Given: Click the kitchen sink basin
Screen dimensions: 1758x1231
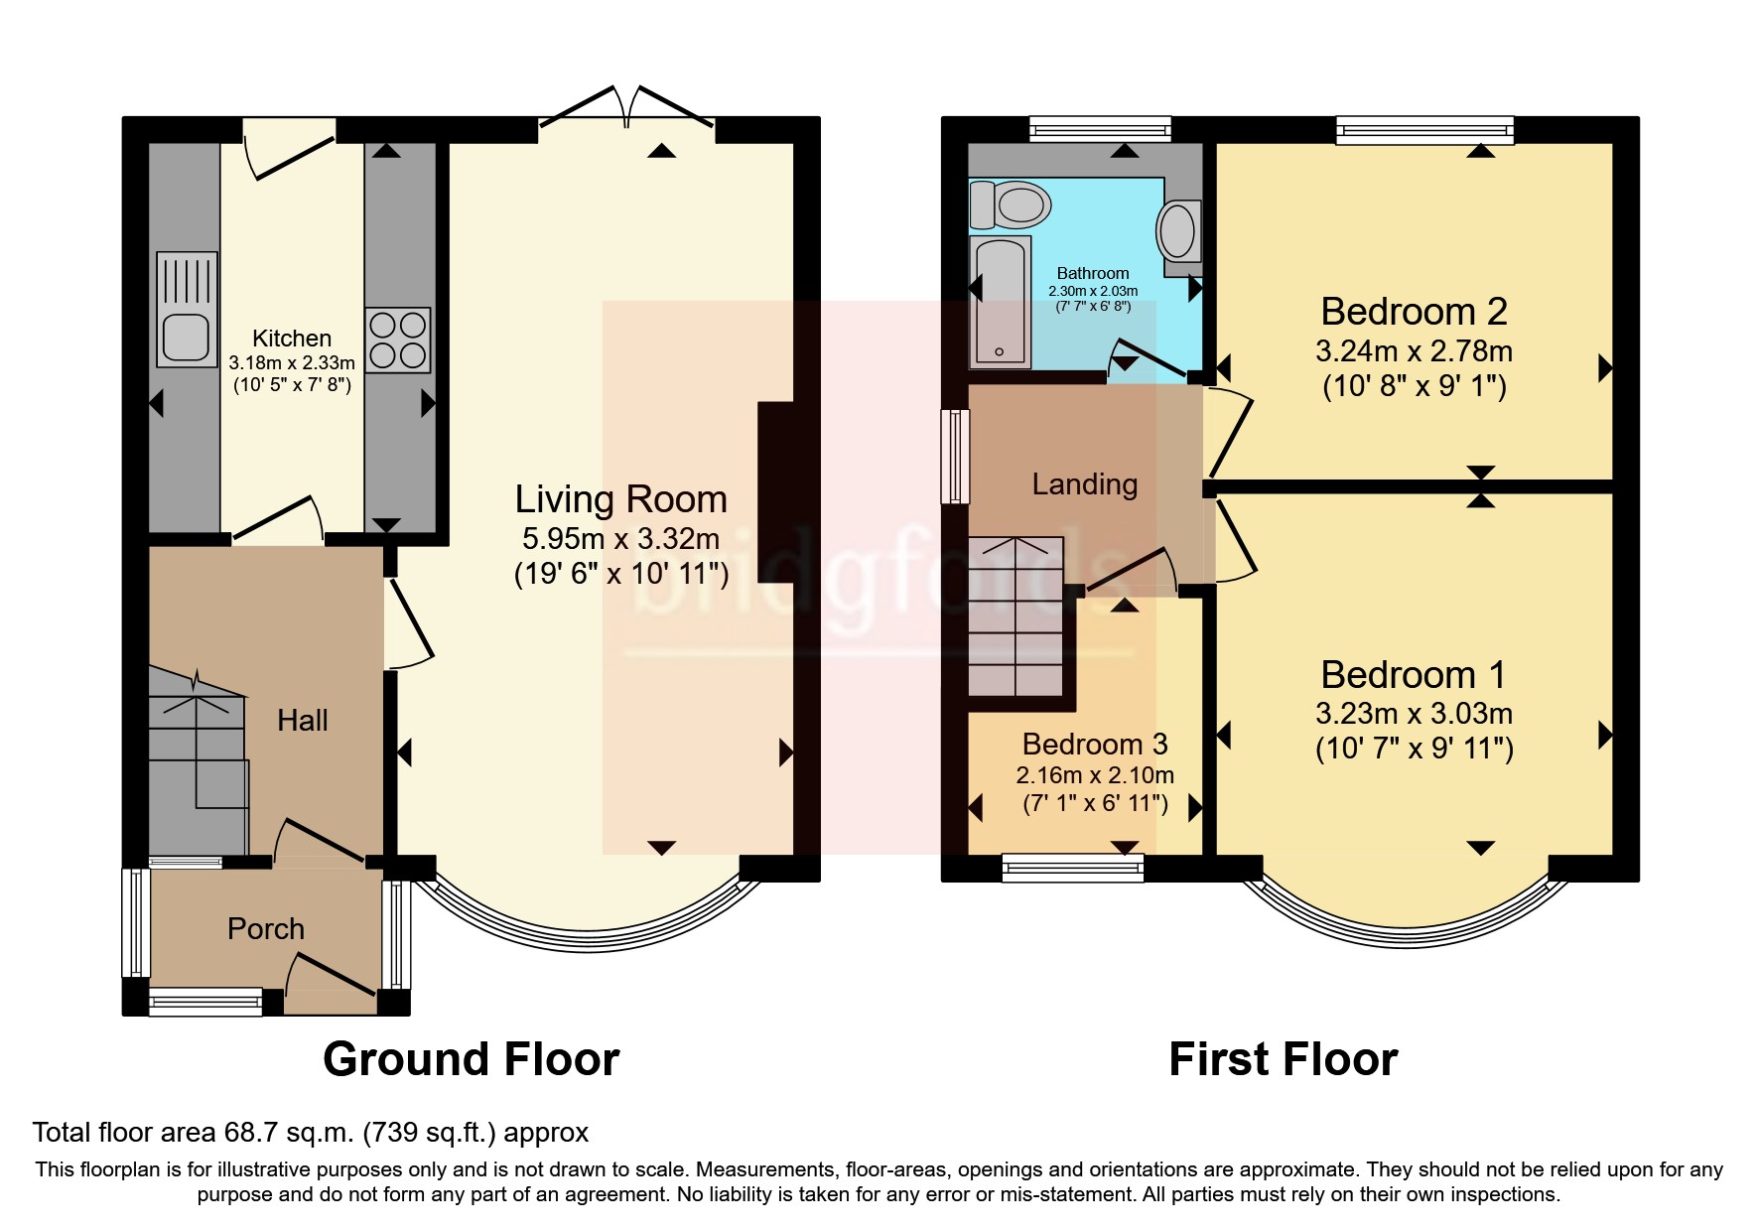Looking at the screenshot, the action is [187, 338].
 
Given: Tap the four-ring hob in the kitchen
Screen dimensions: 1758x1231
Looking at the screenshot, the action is [398, 340].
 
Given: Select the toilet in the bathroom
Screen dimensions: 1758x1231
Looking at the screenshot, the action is [1010, 205].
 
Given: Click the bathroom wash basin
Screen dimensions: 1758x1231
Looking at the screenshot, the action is [1178, 230].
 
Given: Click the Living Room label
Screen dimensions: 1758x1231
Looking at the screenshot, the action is [620, 498].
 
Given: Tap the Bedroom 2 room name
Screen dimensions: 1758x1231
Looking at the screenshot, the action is [1414, 312].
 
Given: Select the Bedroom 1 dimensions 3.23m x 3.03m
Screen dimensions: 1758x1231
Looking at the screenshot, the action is [1414, 713].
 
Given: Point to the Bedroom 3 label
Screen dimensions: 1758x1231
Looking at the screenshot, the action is [1095, 744].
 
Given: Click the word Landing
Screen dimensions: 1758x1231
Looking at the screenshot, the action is [1084, 484].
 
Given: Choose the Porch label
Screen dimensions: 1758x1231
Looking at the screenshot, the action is [266, 928].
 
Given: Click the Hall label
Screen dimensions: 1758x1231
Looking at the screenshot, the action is [303, 720].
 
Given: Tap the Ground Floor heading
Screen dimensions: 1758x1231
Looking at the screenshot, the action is [472, 1058].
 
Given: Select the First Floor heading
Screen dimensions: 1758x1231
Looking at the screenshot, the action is [1284, 1058].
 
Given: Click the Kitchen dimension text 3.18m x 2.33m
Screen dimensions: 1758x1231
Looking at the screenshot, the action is [292, 362].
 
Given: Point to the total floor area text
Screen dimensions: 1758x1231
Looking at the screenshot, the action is [311, 1132].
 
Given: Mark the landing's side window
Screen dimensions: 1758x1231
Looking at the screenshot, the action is [955, 457].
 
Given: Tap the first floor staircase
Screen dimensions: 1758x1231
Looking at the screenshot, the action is [1016, 615].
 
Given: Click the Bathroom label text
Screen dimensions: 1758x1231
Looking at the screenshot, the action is [1093, 273].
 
